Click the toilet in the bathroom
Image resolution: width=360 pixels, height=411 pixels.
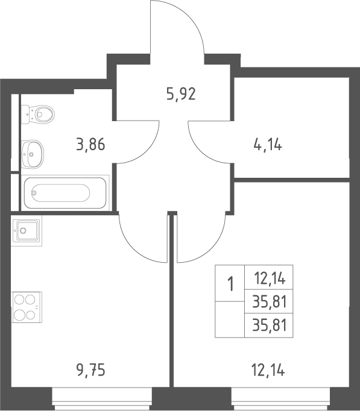click(x=37, y=115)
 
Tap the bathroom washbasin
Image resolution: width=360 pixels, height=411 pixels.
click(x=32, y=154)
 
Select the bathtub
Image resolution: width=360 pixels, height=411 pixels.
click(x=65, y=193)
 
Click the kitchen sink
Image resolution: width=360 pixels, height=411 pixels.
click(x=26, y=231)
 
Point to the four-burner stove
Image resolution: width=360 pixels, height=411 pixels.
click(x=27, y=307)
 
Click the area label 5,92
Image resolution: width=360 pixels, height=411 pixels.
click(x=181, y=94)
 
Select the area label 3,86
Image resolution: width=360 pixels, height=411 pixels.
click(x=90, y=145)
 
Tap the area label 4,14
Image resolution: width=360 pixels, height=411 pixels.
click(x=268, y=145)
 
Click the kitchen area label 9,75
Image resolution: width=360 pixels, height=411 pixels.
click(x=90, y=371)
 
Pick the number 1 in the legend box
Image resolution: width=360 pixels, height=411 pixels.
click(x=230, y=284)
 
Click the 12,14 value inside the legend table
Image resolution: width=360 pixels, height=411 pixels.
click(x=270, y=278)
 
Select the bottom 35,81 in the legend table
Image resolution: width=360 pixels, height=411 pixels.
click(x=269, y=325)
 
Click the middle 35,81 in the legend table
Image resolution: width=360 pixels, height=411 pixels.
click(x=269, y=302)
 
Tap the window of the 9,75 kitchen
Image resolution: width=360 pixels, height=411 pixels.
click(x=102, y=399)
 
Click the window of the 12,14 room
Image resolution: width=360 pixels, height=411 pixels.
click(x=280, y=399)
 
